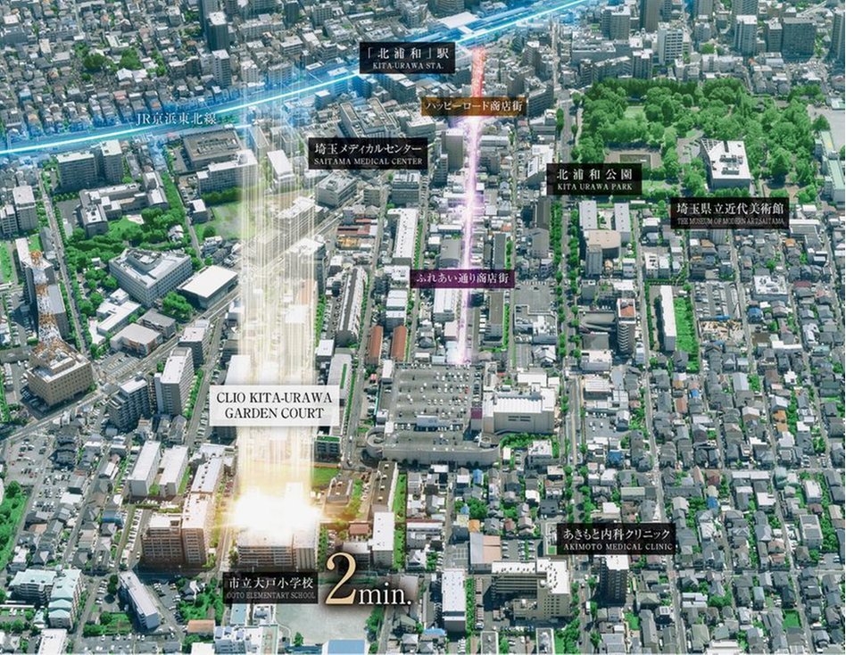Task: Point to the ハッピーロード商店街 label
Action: pyautogui.click(x=474, y=106)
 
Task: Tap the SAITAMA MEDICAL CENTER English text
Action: pyautogui.click(x=367, y=162)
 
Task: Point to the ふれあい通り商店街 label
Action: pyautogui.click(x=462, y=278)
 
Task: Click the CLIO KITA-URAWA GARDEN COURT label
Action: pyautogui.click(x=275, y=407)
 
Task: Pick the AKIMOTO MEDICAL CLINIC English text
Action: pyautogui.click(x=615, y=546)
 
